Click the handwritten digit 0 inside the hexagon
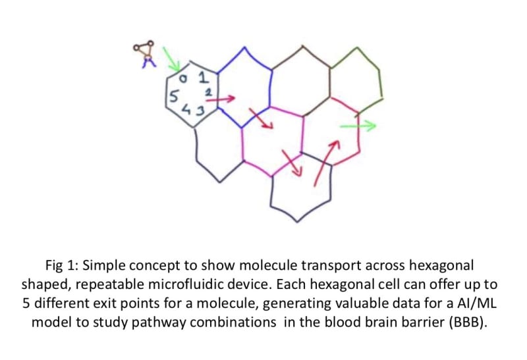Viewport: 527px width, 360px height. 186,80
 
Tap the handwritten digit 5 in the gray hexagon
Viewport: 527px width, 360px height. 173,97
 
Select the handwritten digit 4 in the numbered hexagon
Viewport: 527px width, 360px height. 186,111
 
